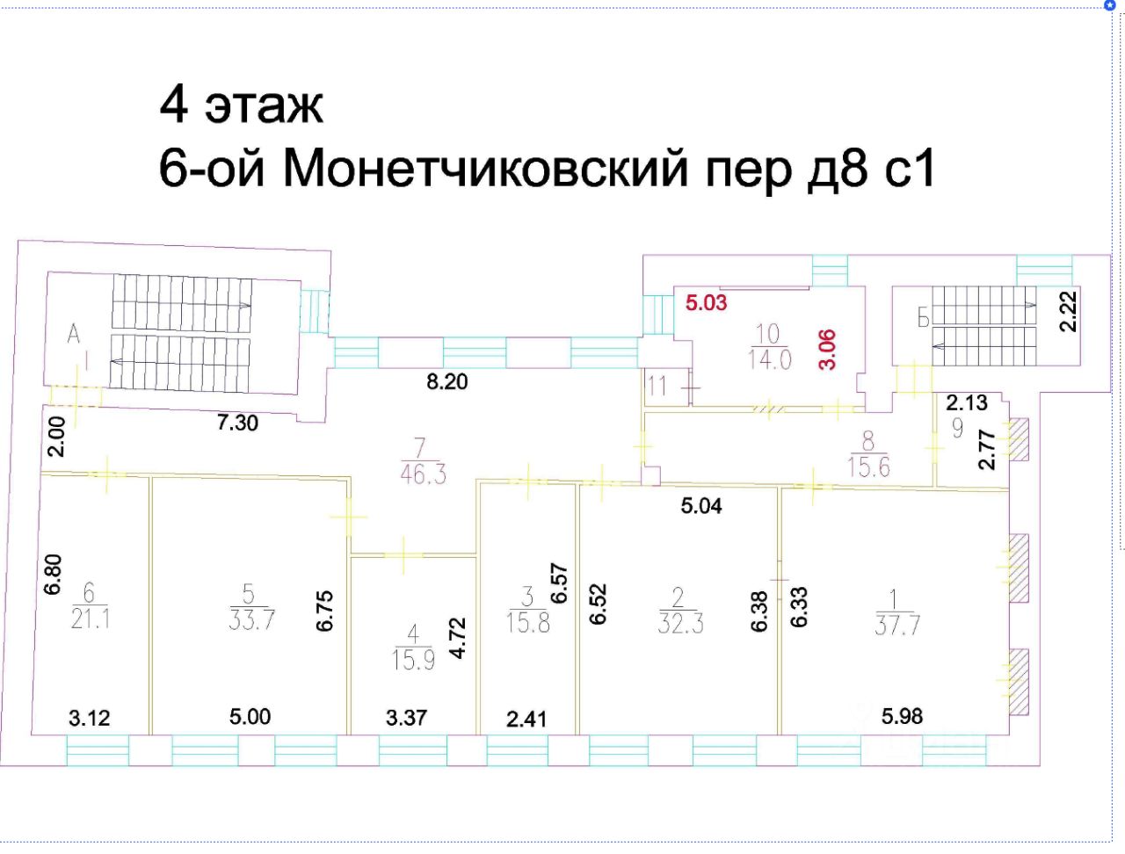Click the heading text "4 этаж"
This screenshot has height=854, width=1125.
pyautogui.click(x=241, y=105)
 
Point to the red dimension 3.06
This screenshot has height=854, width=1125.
pyautogui.click(x=827, y=349)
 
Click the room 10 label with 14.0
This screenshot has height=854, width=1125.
pyautogui.click(x=769, y=347)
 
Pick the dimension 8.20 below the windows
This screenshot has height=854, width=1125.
pyautogui.click(x=446, y=381)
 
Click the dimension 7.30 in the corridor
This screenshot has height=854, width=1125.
pyautogui.click(x=237, y=423)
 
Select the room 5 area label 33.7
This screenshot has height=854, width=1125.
pyautogui.click(x=251, y=607)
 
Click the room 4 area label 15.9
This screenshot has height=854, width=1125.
pyautogui.click(x=413, y=648)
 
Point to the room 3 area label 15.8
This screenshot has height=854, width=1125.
pyautogui.click(x=527, y=611)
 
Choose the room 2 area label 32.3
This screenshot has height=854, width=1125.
pyautogui.click(x=679, y=612)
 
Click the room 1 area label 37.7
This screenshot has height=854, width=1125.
pyautogui.click(x=896, y=613)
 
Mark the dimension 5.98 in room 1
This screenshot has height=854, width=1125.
pyautogui.click(x=902, y=716)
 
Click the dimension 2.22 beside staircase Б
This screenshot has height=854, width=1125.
pyautogui.click(x=1068, y=311)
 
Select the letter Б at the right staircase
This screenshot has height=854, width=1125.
pyautogui.click(x=923, y=319)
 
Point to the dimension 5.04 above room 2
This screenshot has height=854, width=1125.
pyautogui.click(x=701, y=505)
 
